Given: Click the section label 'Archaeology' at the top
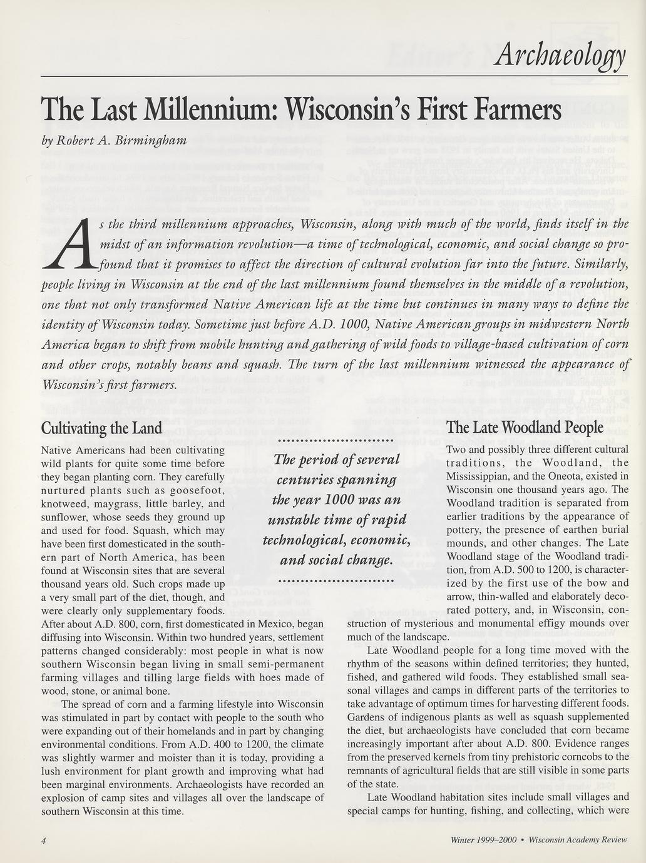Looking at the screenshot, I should point(558,57).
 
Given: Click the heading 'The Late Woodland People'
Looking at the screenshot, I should point(525,428).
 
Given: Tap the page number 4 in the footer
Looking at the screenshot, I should point(44,840).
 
